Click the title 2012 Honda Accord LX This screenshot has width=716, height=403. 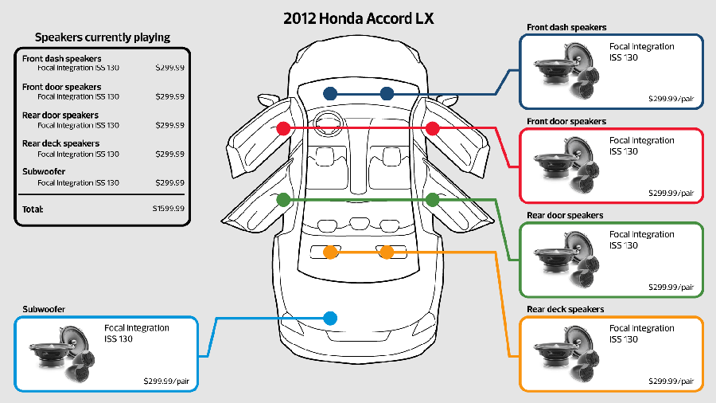pos(358,18)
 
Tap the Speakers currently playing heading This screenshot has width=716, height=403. pos(102,37)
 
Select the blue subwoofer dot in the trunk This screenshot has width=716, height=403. pos(331,318)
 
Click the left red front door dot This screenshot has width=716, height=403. pos(282,128)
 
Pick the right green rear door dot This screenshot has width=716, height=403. pos(432,199)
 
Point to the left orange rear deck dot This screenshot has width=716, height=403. pos(330,252)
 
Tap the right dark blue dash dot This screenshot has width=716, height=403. pos(387,94)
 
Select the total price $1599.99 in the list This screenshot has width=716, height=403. pos(169,209)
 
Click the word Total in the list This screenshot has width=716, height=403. pos(33,209)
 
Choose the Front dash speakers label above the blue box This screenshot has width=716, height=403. pos(566,27)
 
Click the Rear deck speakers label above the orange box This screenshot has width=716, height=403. pos(566,309)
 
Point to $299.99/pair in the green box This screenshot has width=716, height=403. pos(671,287)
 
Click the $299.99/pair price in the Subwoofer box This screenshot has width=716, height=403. pos(165,381)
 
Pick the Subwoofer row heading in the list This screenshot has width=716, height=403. pos(44,172)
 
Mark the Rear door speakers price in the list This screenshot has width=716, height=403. pos(170,125)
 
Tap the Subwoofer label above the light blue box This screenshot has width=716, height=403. pos(44,308)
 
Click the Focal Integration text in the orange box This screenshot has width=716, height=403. pos(641,328)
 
